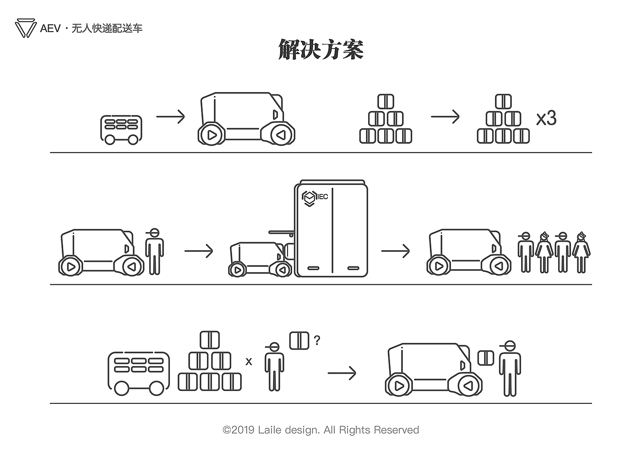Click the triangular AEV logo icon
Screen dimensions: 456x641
pos(26,28)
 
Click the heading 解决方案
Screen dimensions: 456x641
pos(320,49)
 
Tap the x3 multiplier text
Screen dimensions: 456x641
pos(546,118)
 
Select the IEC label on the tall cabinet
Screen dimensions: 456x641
pos(322,197)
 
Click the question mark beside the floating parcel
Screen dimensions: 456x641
pos(317,340)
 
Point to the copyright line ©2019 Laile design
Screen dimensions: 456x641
pos(320,430)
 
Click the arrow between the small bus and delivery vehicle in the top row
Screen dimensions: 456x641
pos(170,117)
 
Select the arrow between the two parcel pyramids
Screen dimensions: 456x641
pos(445,117)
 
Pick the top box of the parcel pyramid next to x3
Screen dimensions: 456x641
pos(503,101)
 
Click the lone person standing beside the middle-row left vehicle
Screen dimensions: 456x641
pos(154,251)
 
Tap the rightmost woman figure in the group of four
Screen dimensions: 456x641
pos(581,252)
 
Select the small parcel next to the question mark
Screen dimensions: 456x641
pos(299,340)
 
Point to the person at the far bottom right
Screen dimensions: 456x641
pos(510,369)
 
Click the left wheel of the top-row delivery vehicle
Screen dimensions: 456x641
pos(211,135)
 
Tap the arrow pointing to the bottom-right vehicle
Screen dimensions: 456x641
pos(342,373)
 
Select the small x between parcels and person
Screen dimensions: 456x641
pos(249,362)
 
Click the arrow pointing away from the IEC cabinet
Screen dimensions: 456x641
pos(396,251)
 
